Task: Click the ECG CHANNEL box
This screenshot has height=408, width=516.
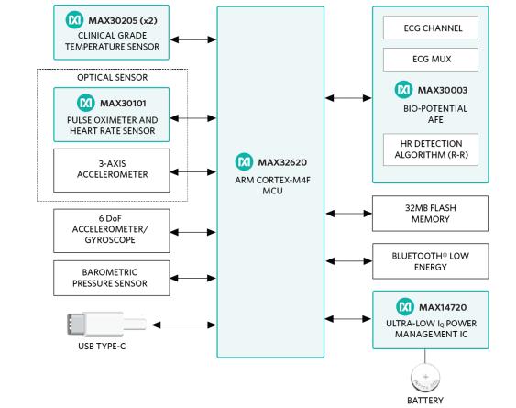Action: (431, 28)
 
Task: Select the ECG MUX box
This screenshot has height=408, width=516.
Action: (431, 60)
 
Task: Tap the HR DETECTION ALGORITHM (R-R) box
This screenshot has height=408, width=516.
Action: (431, 149)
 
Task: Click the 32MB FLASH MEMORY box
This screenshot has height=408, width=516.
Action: (430, 214)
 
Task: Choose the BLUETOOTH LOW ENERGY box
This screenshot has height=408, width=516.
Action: (431, 261)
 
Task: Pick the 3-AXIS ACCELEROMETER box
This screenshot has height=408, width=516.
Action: (112, 171)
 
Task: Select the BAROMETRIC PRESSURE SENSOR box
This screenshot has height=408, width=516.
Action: (112, 278)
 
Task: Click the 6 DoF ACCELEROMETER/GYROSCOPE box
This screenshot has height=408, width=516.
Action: (112, 230)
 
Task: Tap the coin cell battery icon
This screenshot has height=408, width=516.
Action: (425, 377)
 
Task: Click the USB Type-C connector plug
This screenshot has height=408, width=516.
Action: (106, 324)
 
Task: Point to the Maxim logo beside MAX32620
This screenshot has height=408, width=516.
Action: (244, 161)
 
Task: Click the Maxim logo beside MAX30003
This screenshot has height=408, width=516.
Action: (403, 90)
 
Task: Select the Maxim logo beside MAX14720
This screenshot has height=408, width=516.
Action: (405, 306)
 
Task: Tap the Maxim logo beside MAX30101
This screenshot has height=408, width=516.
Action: (85, 103)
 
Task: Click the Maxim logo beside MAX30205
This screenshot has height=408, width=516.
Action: (74, 20)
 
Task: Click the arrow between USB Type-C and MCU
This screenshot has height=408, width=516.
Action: (184, 325)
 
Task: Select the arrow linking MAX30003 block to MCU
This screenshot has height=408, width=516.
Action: (348, 98)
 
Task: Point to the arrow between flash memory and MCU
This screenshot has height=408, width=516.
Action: (349, 214)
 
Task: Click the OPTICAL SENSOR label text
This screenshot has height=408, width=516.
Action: (112, 77)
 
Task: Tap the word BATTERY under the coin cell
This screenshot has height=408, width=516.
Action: (425, 401)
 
